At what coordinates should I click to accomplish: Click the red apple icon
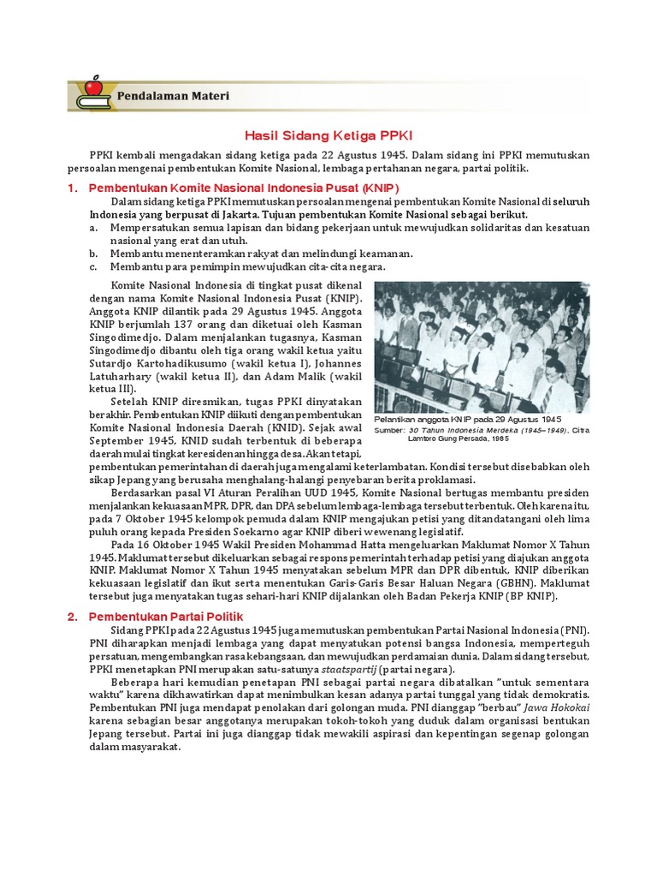pyautogui.click(x=92, y=87)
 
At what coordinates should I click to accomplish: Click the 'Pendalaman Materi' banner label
pyautogui.click(x=172, y=96)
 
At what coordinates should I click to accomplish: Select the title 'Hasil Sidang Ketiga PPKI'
pyautogui.click(x=328, y=136)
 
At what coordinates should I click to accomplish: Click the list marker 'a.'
pyautogui.click(x=92, y=228)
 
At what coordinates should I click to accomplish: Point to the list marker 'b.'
pyautogui.click(x=92, y=254)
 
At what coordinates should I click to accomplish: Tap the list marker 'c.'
pyautogui.click(x=92, y=266)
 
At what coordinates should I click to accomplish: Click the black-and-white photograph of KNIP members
pyautogui.click(x=482, y=347)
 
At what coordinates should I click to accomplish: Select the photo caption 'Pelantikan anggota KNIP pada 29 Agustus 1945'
pyautogui.click(x=468, y=420)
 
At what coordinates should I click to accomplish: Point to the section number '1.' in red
pyautogui.click(x=73, y=188)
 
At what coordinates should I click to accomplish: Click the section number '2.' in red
pyautogui.click(x=73, y=616)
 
